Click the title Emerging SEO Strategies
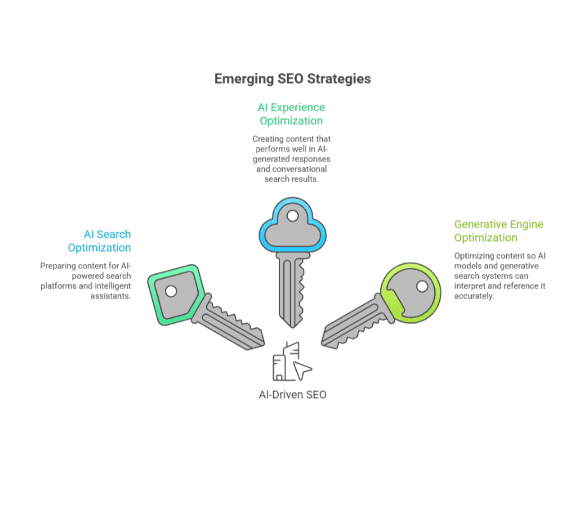point(292,79)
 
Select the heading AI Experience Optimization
point(291,114)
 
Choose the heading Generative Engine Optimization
point(499,231)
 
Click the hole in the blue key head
point(292,216)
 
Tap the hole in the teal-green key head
point(171,292)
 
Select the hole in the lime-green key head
point(421,285)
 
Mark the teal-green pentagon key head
point(176,291)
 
